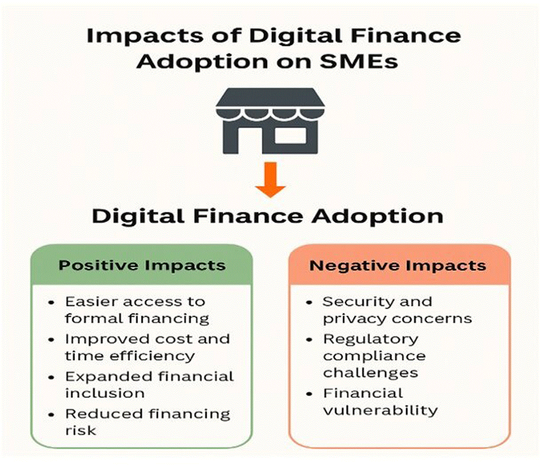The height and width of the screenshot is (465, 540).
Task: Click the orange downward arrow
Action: (271, 180)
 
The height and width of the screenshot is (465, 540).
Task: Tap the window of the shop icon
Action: (290, 135)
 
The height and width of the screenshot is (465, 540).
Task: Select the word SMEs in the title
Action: (359, 62)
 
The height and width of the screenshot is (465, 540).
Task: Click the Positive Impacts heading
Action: (142, 265)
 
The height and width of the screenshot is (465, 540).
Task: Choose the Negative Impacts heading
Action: (397, 265)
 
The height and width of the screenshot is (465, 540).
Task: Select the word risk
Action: (81, 430)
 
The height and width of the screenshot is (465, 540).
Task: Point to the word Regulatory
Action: (371, 340)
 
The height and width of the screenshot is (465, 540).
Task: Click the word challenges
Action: (370, 372)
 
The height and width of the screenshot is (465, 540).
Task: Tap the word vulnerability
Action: (380, 410)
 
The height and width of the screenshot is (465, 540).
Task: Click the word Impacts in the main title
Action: (144, 36)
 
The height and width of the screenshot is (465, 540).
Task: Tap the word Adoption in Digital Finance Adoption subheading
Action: (377, 216)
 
